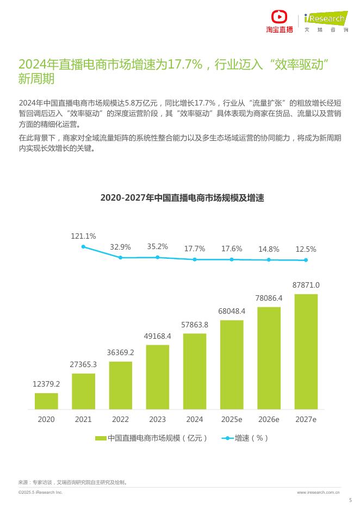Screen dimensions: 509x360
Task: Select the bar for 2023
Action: (157, 377)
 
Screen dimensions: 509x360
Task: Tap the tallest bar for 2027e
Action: (306, 351)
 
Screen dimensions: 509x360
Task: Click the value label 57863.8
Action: (195, 325)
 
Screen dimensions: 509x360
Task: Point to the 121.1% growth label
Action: (83, 236)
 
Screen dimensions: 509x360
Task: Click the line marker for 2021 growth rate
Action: (83, 247)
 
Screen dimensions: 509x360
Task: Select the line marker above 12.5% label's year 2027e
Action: (306, 260)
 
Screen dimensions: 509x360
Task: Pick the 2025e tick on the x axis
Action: (232, 419)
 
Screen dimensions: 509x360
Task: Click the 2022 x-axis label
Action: (120, 419)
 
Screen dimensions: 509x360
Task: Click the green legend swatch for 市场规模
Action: (100, 438)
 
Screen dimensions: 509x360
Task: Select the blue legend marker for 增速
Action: (227, 438)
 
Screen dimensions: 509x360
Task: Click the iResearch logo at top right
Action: (325, 20)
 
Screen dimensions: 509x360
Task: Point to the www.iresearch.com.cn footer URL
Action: (319, 492)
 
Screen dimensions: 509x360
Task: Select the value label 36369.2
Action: (120, 352)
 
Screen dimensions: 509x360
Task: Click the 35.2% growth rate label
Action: (157, 246)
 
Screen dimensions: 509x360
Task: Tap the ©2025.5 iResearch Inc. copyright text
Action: (40, 492)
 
